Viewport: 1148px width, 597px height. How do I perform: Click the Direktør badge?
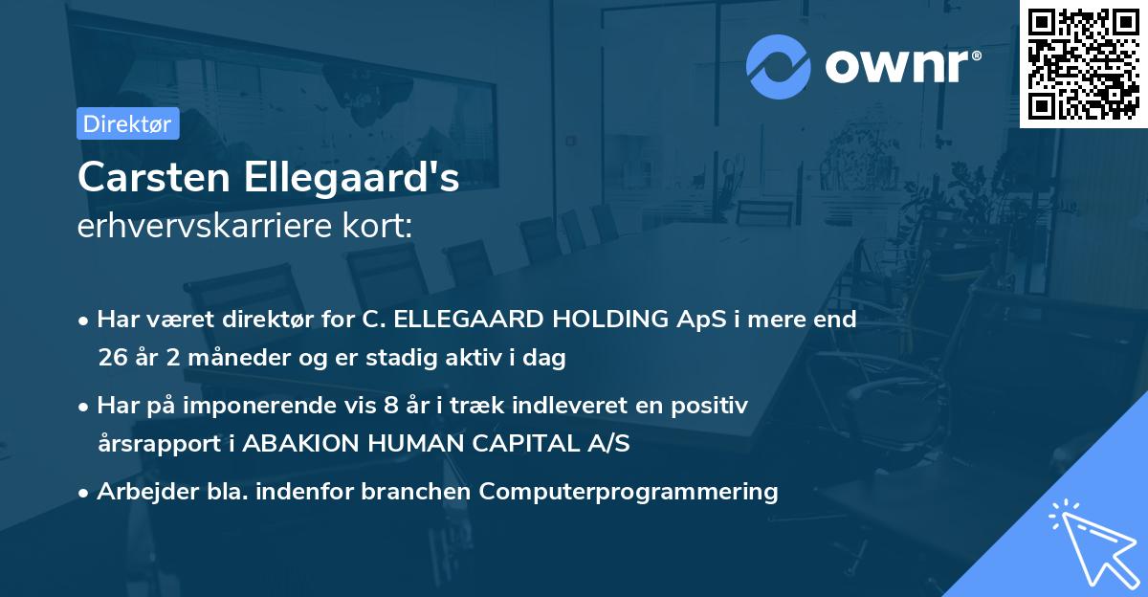(127, 123)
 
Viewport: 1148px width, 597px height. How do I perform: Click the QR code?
(1083, 63)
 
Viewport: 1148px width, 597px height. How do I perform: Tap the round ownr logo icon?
(779, 66)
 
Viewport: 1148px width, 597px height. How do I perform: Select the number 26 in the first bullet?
(112, 359)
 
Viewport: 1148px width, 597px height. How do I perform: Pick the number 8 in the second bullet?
(389, 406)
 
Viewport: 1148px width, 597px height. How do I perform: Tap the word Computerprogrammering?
(629, 492)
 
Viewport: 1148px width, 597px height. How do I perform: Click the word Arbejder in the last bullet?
(140, 492)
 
